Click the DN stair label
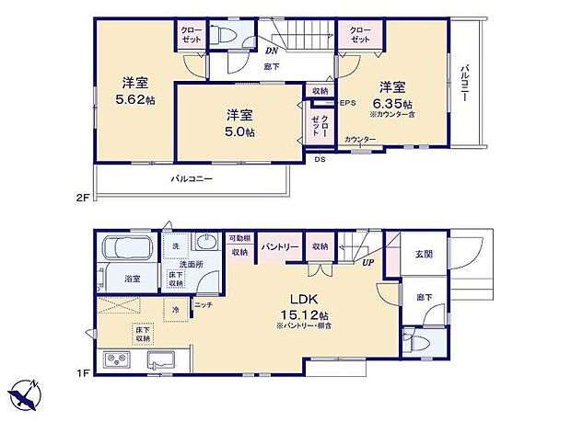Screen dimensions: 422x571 272,50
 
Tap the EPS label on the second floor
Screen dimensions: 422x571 347,102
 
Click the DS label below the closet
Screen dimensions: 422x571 320,159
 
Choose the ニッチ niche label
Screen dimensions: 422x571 204,303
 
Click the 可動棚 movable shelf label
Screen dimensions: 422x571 239,238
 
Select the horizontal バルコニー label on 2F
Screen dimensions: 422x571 192,178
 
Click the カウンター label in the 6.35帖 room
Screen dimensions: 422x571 360,139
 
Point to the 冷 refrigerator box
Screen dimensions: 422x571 176,309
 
